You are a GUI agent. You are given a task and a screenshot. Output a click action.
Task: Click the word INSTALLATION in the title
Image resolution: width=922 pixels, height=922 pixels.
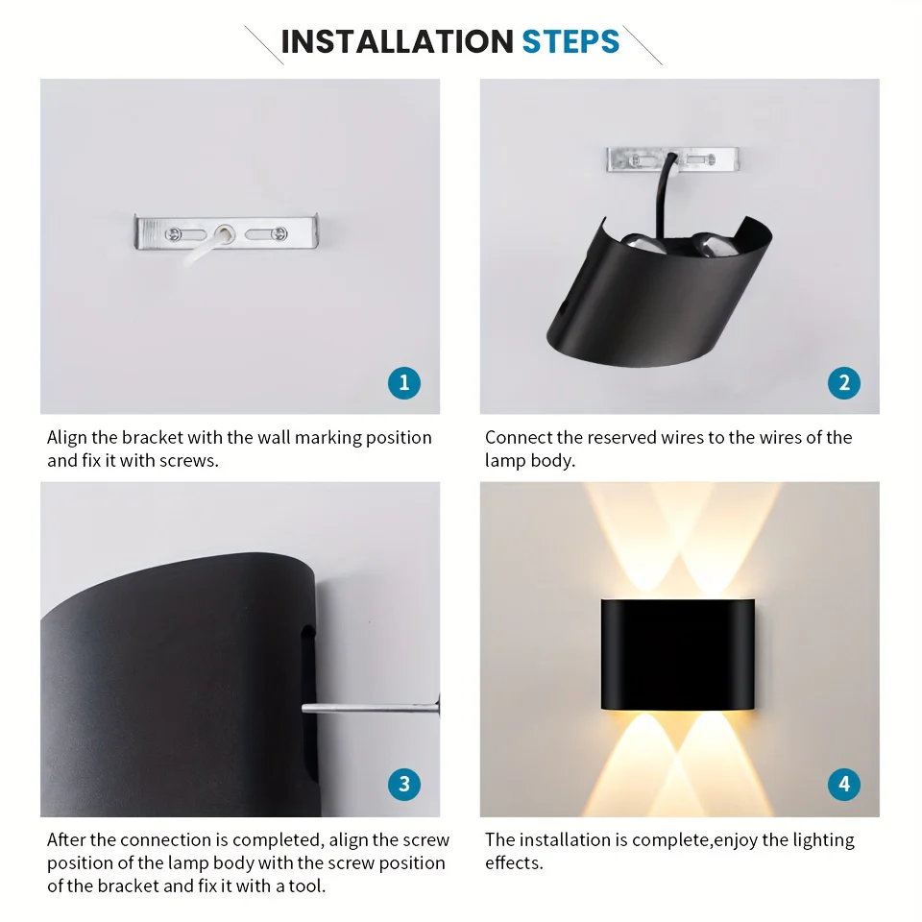(398, 41)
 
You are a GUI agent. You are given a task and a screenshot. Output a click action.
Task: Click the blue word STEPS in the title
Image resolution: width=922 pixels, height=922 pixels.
(570, 41)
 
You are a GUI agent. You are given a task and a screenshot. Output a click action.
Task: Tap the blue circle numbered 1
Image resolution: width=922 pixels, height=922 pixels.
(404, 383)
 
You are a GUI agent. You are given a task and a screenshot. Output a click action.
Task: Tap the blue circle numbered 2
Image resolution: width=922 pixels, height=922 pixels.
(844, 383)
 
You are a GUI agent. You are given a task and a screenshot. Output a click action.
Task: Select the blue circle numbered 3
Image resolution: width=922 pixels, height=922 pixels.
(404, 784)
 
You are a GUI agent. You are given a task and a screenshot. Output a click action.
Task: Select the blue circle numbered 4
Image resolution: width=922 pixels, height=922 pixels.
(844, 784)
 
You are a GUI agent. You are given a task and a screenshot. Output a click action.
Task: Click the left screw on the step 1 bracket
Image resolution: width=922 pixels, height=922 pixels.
(173, 234)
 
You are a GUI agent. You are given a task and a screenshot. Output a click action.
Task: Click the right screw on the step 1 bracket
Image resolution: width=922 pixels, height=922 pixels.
(279, 233)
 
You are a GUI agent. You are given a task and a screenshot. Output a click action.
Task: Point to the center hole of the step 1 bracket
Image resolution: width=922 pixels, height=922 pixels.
(224, 233)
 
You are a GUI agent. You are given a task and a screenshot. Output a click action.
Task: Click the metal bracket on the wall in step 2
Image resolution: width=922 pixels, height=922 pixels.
(672, 159)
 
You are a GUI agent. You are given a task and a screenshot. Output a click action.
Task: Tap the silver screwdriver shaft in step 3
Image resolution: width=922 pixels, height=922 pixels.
(371, 708)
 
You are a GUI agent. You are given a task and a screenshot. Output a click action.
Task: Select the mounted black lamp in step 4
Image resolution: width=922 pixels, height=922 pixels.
(677, 654)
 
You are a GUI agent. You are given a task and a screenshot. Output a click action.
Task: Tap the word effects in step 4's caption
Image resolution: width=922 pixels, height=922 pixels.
(513, 862)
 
